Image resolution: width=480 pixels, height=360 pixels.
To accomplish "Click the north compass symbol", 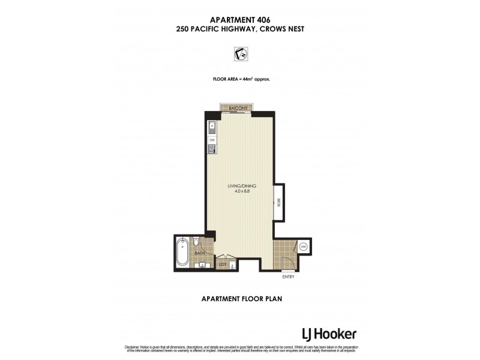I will [x=240, y=55].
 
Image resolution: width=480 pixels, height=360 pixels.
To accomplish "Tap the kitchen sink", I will [x=212, y=127].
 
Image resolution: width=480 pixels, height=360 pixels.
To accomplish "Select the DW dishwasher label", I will [x=212, y=140].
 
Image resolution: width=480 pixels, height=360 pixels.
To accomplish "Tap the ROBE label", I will [x=279, y=203].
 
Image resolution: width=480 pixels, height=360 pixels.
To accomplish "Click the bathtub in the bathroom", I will [x=182, y=253].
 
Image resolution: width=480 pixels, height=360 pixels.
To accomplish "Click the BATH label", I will [x=200, y=254].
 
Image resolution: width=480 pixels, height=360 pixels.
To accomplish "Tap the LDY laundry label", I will [x=222, y=263].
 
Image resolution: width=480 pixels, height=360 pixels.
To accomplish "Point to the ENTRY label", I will [x=289, y=277].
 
